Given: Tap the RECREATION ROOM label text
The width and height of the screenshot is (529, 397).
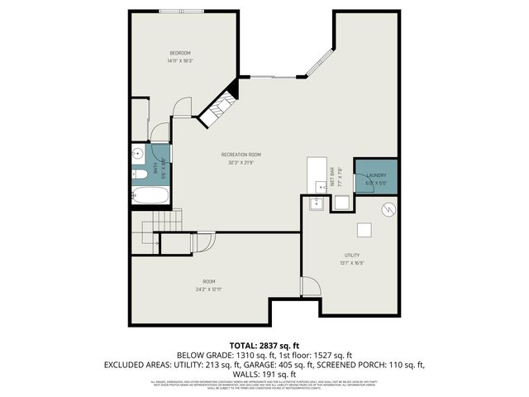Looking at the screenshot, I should pos(241,155).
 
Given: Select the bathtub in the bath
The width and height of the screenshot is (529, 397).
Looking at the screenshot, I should pos(150,196).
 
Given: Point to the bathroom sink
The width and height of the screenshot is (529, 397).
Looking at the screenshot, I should pos(137,154).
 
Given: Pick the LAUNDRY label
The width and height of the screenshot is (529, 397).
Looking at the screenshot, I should pos(377,175).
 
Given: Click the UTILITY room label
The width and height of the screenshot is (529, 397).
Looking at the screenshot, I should pos(352,255).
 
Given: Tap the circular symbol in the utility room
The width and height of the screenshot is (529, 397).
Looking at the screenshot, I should pos(384,211).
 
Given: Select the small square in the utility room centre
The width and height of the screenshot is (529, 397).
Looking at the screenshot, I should pos(363,230).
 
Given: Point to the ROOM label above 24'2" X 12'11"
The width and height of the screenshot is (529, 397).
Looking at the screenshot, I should pos(209,281).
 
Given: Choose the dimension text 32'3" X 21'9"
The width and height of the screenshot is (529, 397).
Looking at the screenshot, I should pos(241,163).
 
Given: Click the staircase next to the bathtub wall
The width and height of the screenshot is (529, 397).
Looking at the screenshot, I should pos(162,221).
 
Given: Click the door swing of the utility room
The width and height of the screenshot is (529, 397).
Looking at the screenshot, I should pos(310,286).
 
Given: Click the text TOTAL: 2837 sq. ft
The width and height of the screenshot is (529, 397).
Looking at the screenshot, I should pos(264,346).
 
